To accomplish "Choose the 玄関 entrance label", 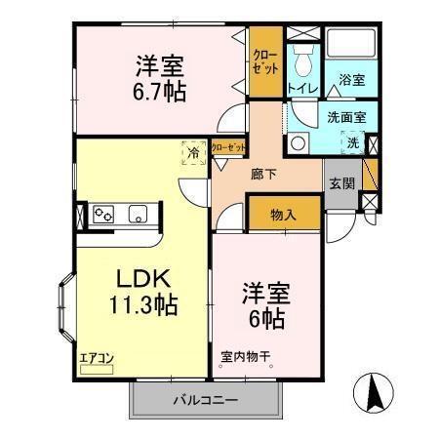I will pos(340,181).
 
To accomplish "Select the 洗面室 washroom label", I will pos(347,117).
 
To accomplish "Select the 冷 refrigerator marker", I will pos(193,152).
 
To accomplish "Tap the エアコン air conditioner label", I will pos(97,358).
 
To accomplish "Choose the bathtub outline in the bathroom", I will pos(351,45).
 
